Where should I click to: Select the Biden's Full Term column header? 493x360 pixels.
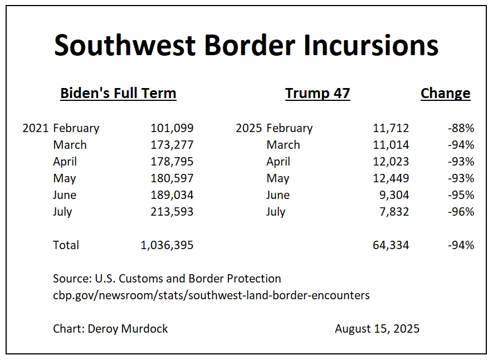pos(118,93)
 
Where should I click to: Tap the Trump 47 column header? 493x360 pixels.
pos(318,93)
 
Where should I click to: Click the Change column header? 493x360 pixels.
pos(445,93)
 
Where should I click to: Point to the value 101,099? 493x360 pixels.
pos(172,128)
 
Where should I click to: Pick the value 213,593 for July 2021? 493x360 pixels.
pos(172,212)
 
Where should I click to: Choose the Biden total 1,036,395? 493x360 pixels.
pos(167,245)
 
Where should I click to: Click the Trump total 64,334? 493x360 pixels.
pos(391,245)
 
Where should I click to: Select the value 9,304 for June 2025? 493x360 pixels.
pos(394,195)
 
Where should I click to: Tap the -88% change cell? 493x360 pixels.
pos(461,128)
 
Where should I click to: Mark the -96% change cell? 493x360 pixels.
pos(461,212)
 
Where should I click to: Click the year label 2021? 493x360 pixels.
pos(36,128)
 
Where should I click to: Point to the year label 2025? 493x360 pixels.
pos(249,128)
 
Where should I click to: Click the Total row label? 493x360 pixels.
pos(66,245)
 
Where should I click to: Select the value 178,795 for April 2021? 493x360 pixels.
pos(172,162)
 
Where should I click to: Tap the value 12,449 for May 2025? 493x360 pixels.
pos(391,178)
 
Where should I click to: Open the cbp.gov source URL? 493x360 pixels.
pos(211,295)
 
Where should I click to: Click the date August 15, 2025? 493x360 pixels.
pos(377,329)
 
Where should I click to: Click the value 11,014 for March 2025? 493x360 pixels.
pos(391,145)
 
